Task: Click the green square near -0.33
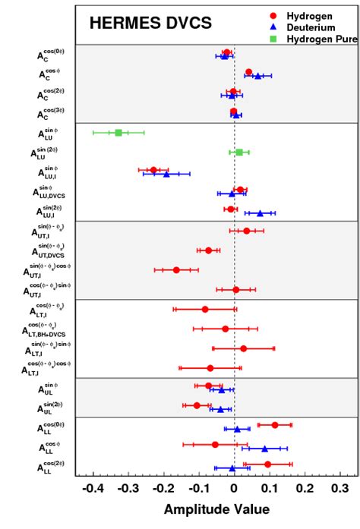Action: (118, 133)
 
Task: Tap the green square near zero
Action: (239, 153)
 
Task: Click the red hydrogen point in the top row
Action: (226, 52)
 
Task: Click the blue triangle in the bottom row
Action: (232, 468)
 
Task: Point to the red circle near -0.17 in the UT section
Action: (176, 269)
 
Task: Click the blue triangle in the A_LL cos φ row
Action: (264, 449)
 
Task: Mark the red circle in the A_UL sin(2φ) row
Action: (197, 405)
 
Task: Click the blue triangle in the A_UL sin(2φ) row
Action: (220, 410)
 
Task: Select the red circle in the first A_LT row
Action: (205, 309)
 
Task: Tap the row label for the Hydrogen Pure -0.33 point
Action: (53, 134)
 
